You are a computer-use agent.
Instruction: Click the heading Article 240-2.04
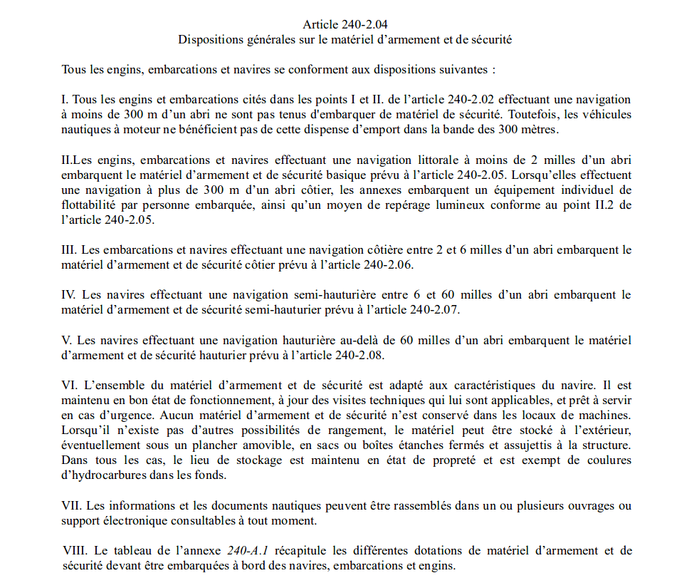point(345,24)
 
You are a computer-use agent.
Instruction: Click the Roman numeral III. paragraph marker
point(70,250)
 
